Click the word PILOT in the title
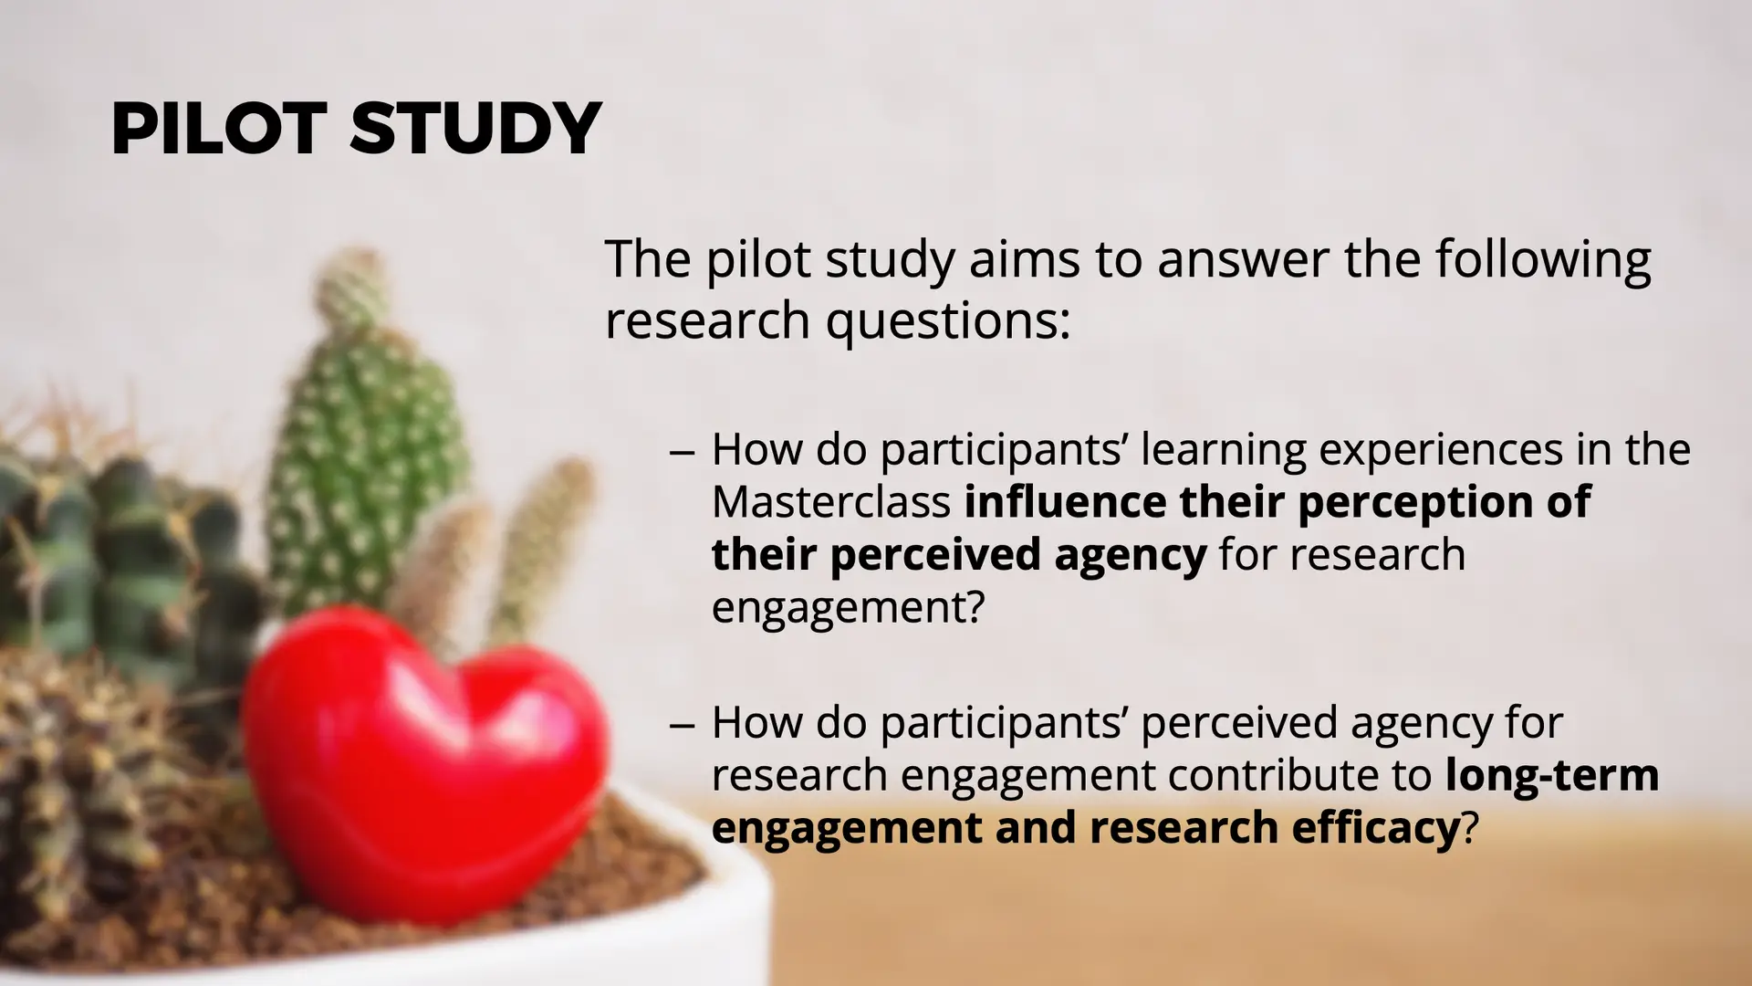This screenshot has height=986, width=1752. pyautogui.click(x=219, y=128)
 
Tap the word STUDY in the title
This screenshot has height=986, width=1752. pyautogui.click(x=475, y=128)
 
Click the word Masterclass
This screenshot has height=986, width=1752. pyautogui.click(x=831, y=502)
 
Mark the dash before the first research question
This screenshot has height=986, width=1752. pyautogui.click(x=683, y=452)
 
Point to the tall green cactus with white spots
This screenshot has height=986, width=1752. pyautogui.click(x=365, y=438)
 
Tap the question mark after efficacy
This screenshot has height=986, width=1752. pyautogui.click(x=1469, y=827)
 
